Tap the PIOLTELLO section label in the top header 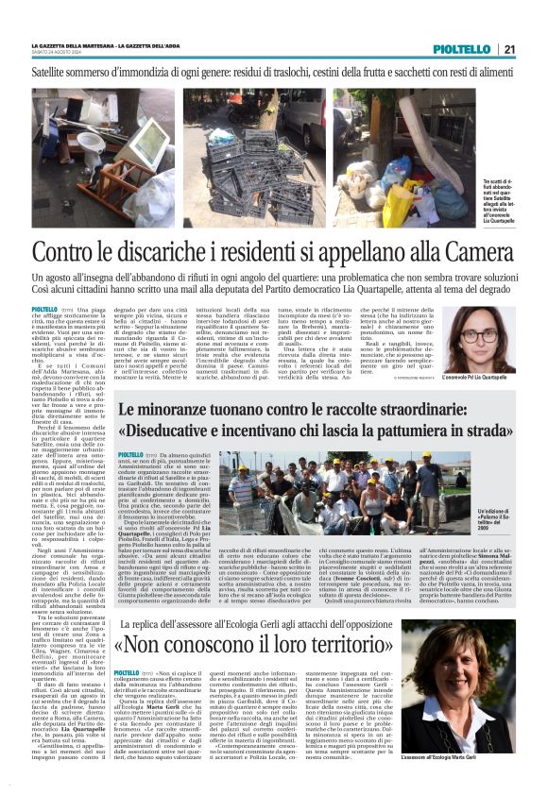(x=462, y=49)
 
